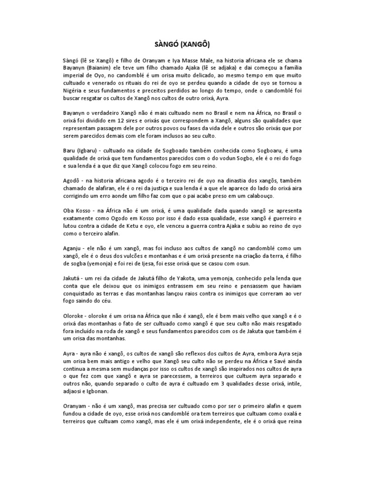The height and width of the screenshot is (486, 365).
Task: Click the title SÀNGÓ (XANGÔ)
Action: point(182,45)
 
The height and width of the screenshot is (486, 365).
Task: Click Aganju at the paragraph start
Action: point(74,248)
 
